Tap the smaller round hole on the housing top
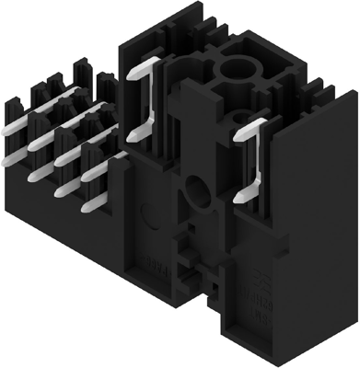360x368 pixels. coord(241,117)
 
